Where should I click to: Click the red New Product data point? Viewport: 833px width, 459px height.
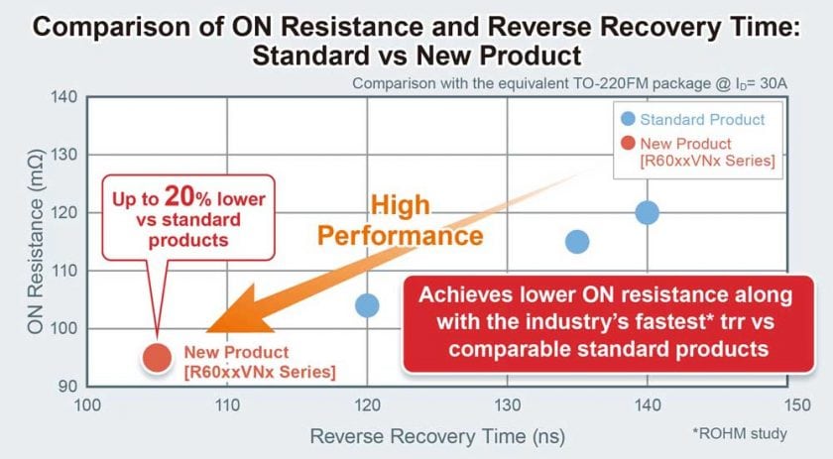[157, 357]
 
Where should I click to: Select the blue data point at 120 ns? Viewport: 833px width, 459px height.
[367, 305]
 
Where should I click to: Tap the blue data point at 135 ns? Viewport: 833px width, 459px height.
[577, 242]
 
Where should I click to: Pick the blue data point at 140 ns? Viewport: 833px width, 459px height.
[648, 212]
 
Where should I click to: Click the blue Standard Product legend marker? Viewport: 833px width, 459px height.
[627, 119]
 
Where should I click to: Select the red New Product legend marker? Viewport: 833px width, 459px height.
[627, 144]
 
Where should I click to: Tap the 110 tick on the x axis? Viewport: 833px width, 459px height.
[227, 404]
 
